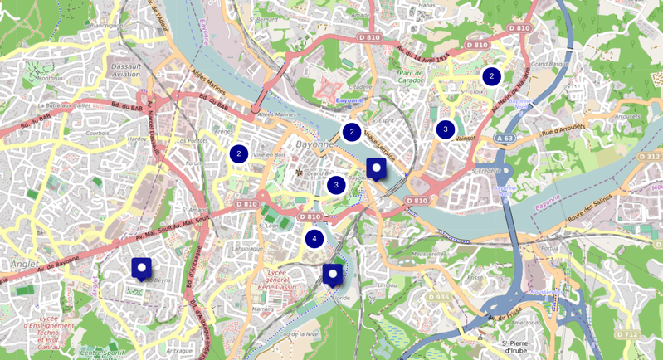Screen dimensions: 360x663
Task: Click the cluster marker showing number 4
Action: tap(314, 239)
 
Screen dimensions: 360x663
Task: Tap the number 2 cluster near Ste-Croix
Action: tap(491, 76)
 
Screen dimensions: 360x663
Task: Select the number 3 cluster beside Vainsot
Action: tap(446, 129)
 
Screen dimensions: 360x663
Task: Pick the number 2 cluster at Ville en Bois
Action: tap(239, 153)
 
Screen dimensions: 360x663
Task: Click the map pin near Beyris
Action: tap(142, 268)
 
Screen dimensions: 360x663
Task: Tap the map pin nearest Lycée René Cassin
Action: tap(333, 274)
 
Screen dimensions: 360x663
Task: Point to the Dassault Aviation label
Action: tap(127, 71)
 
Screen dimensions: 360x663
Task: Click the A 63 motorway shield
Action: tap(505, 139)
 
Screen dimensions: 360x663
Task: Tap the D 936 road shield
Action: tap(439, 296)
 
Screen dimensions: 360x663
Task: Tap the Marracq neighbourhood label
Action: tap(263, 309)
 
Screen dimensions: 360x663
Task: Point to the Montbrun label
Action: tap(51, 78)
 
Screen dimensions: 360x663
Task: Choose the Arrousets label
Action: tap(628, 117)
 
